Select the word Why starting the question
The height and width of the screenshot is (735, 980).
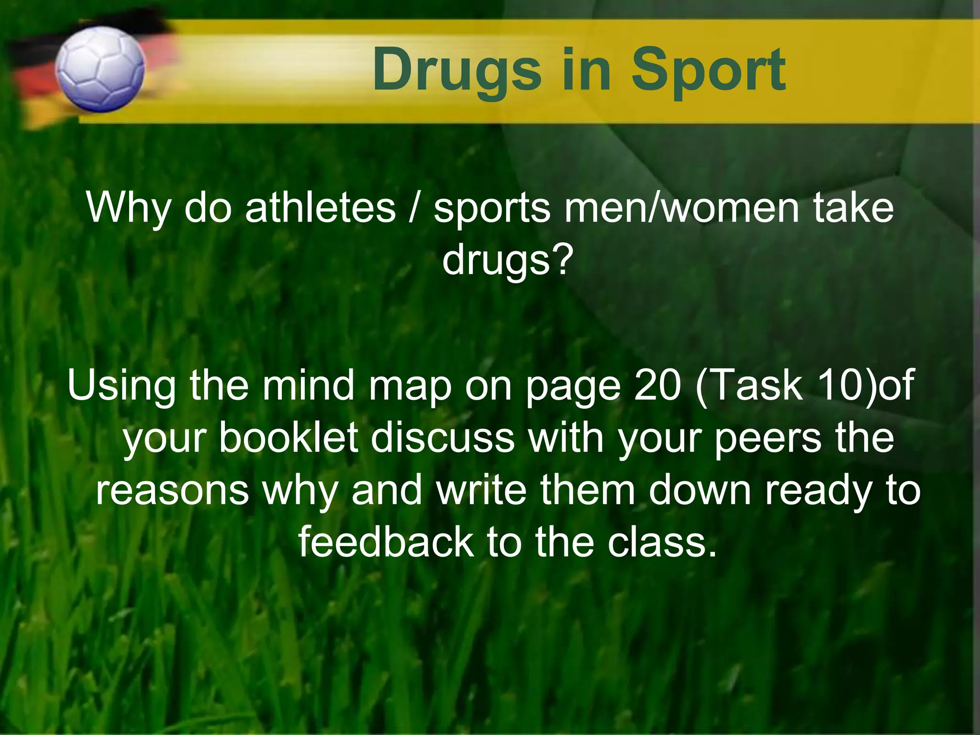tap(128, 209)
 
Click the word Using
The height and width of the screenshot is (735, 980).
tap(122, 386)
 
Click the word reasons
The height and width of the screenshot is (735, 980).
tap(172, 491)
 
